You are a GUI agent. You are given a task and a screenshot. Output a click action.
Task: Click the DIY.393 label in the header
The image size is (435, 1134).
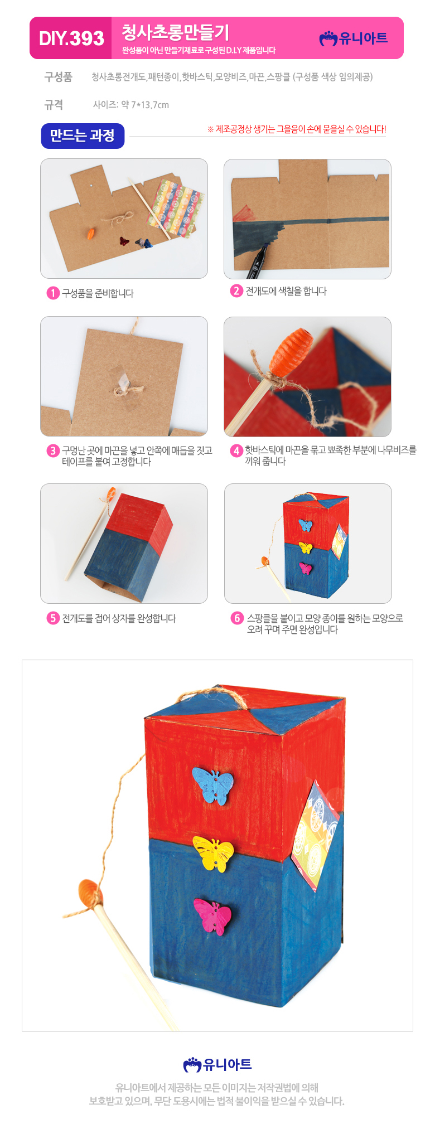[71, 38]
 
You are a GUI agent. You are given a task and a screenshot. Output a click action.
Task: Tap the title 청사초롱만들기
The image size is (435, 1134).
[175, 32]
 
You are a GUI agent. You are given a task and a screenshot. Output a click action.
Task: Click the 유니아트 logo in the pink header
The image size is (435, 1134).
[354, 38]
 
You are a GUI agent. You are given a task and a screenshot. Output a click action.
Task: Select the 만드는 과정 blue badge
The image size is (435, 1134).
[83, 136]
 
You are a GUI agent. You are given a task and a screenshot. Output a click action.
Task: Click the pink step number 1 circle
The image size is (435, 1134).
[53, 293]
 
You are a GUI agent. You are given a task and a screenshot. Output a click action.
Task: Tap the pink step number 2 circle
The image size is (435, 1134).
[236, 291]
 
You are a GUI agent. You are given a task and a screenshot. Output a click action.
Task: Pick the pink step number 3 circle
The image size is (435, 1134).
[53, 450]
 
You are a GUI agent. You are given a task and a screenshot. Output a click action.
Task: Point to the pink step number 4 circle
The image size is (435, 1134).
[236, 450]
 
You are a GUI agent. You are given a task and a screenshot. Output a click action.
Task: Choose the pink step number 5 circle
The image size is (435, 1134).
[53, 618]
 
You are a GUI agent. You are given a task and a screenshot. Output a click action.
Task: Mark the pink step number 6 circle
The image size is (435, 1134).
[237, 618]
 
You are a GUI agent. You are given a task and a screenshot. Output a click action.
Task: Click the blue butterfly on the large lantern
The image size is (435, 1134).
[213, 786]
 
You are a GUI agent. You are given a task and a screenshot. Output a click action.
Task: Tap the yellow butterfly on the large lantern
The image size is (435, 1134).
[214, 854]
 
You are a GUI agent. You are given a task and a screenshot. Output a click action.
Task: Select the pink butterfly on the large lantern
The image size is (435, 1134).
[213, 916]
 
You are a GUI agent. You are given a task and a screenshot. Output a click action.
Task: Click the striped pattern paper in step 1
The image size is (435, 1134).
[176, 207]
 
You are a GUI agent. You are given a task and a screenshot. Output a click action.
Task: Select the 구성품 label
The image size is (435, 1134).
[58, 77]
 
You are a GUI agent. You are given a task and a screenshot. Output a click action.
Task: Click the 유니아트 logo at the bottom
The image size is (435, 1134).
[217, 1064]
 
